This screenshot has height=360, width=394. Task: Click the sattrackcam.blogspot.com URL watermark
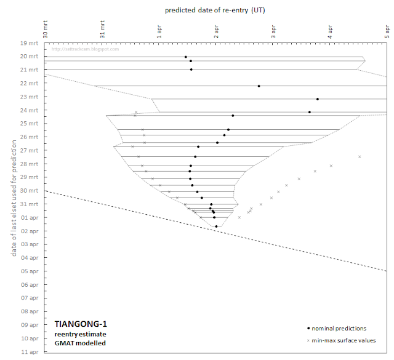click(86, 49)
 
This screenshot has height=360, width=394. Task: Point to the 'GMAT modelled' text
click(79, 343)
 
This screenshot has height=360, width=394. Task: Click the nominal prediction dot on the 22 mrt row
click(259, 86)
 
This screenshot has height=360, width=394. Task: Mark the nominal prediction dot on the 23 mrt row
click(318, 99)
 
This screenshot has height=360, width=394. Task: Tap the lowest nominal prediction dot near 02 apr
click(216, 226)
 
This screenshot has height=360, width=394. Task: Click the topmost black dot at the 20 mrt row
click(186, 57)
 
